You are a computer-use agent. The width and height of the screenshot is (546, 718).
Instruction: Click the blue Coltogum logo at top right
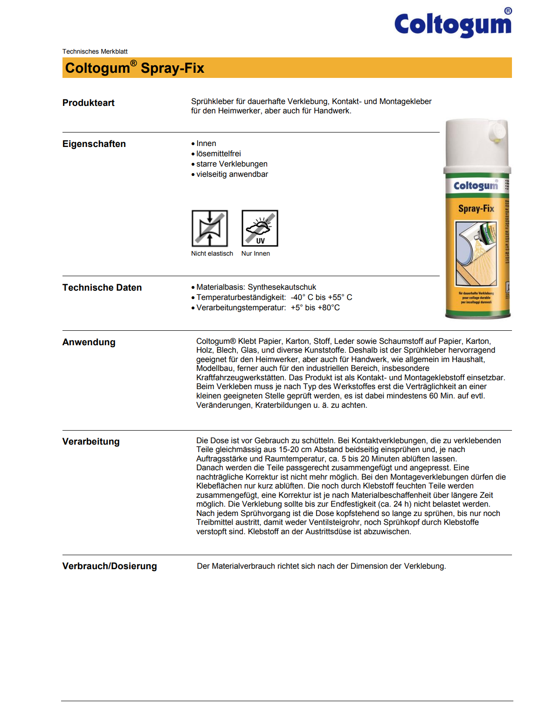tap(453, 24)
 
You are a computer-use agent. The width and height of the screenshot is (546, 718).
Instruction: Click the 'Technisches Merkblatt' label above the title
tap(95, 51)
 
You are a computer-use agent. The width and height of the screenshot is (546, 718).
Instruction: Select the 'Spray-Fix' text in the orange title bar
tap(173, 68)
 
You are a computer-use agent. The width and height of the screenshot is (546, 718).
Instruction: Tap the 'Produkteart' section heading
tap(89, 103)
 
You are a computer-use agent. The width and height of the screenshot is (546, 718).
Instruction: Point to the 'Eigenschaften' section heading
tap(94, 144)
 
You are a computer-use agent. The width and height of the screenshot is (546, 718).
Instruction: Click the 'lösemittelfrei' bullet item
tap(218, 153)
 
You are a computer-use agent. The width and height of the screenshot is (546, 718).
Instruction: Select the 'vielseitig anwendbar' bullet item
tap(232, 174)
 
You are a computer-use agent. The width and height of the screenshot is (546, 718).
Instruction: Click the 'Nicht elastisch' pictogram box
tap(210, 228)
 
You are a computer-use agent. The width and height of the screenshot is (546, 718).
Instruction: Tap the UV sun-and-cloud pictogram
tap(260, 228)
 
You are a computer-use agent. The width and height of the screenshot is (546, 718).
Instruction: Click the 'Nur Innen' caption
tap(256, 253)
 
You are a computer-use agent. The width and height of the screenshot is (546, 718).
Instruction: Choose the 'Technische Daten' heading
tap(102, 287)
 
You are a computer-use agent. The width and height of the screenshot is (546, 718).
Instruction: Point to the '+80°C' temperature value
tap(329, 307)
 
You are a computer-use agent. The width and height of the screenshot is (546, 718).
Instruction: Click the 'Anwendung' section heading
tap(89, 342)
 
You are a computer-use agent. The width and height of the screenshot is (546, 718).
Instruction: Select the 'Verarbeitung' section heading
tap(91, 441)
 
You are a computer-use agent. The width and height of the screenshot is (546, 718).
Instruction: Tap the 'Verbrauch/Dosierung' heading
tap(110, 566)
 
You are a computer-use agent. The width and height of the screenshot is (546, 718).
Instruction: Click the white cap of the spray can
tap(477, 142)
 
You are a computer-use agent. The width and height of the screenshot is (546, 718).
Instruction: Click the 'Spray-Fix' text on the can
tap(476, 208)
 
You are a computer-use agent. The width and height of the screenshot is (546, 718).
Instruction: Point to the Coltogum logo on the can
tap(476, 186)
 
